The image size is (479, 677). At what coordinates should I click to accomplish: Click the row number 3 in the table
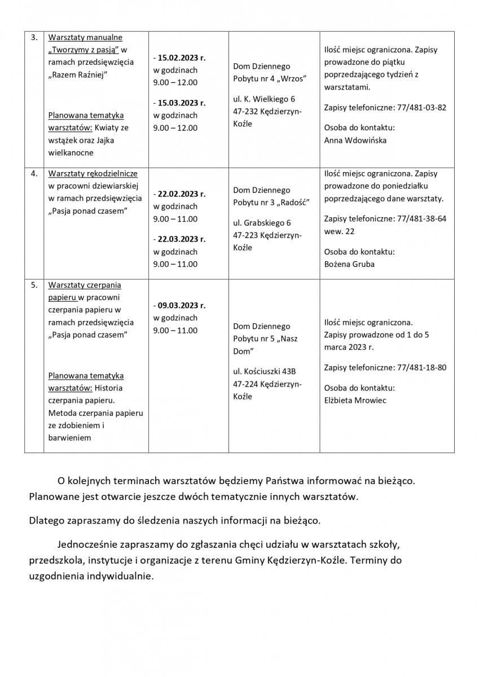click(x=34, y=38)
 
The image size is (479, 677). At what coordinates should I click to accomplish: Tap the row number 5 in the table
click(x=34, y=285)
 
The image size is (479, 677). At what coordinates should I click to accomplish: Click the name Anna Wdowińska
click(x=355, y=140)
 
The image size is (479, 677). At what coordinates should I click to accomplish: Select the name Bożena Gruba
click(x=349, y=264)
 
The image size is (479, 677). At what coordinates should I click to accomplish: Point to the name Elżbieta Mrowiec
click(x=356, y=401)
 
